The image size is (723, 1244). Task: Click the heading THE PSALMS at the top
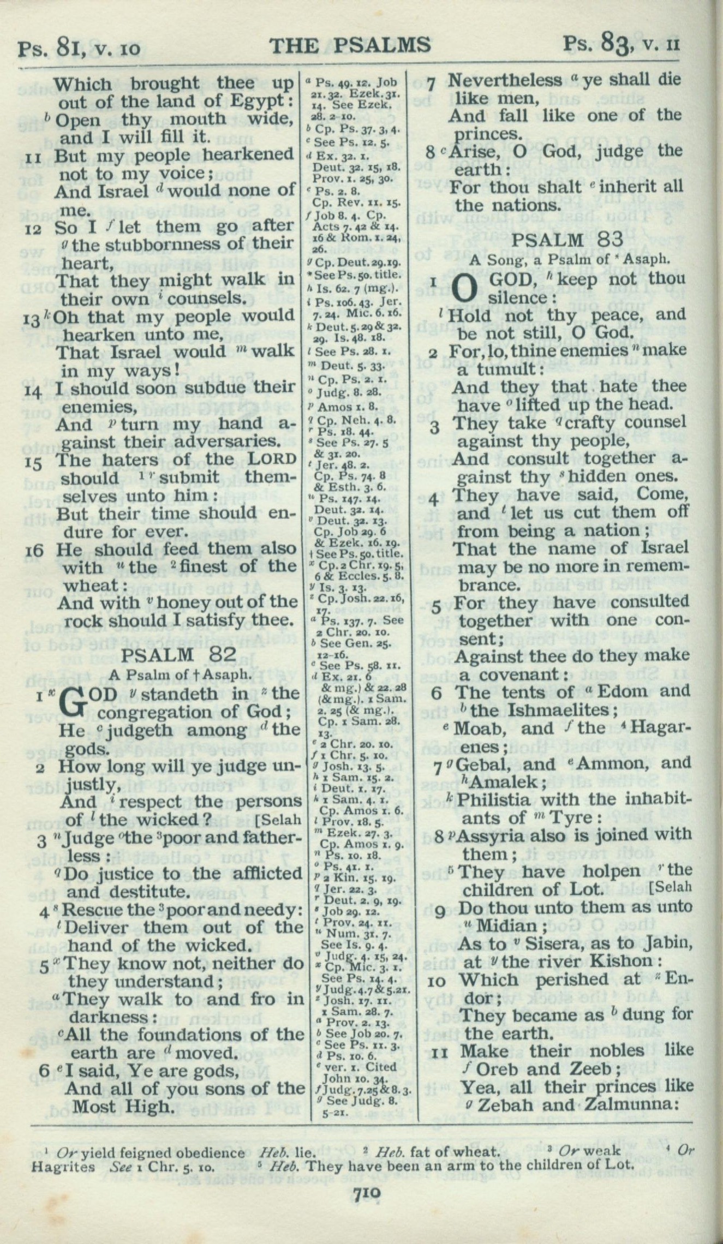350,45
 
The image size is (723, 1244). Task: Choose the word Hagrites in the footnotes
56,1164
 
